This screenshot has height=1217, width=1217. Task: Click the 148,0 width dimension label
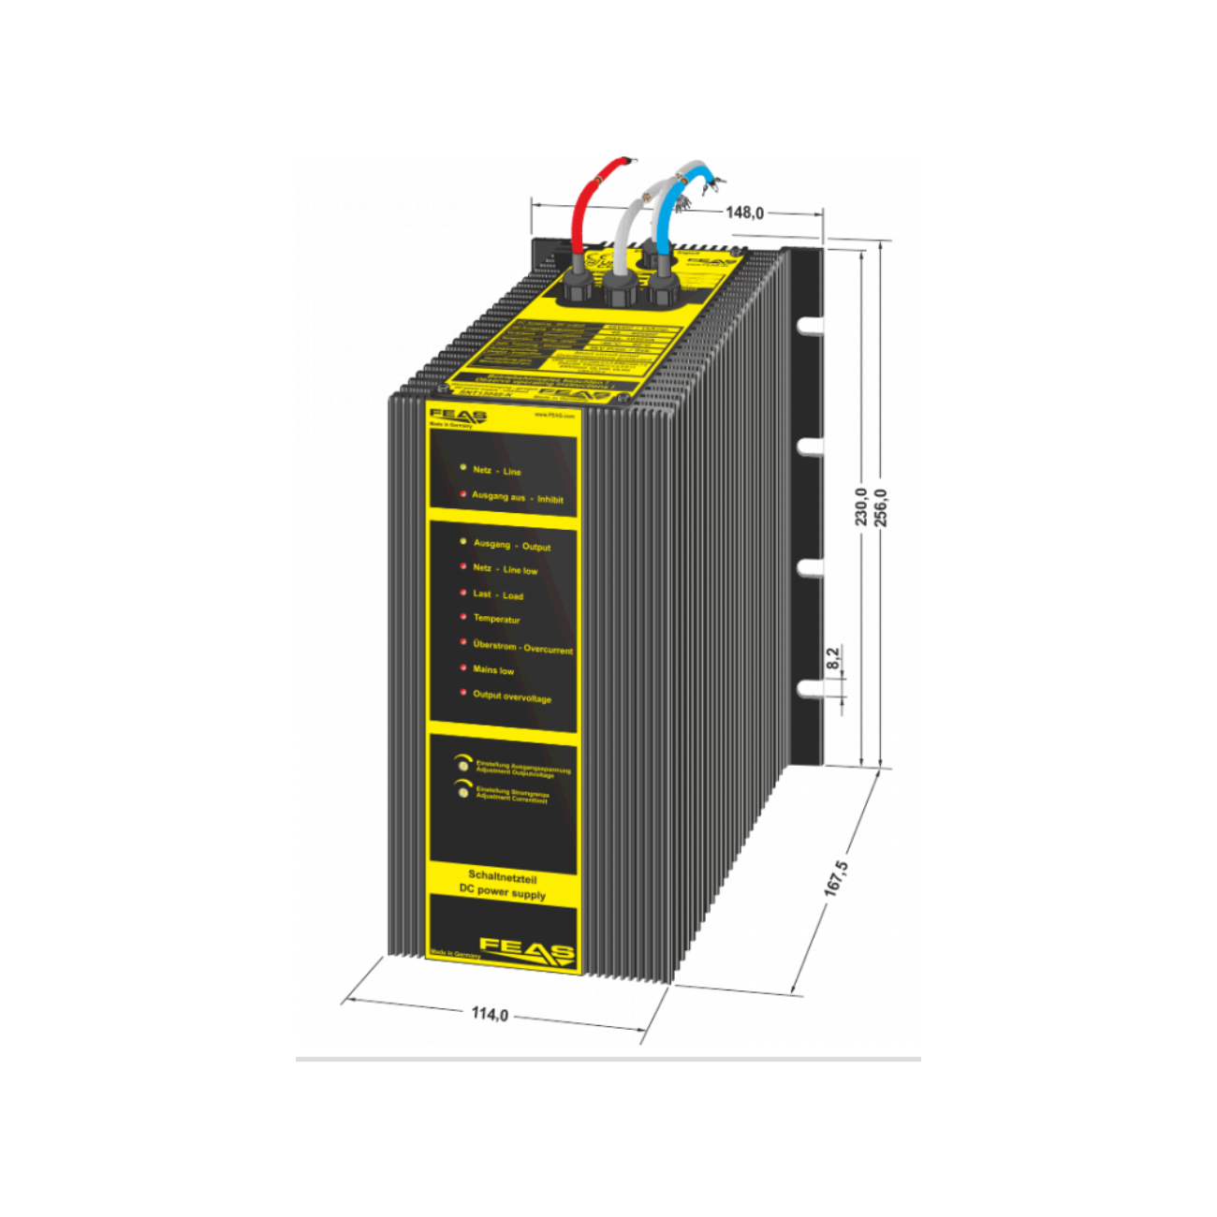pos(745,213)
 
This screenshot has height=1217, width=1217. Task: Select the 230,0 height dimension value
pos(860,506)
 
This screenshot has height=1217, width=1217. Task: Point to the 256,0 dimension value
pos(880,506)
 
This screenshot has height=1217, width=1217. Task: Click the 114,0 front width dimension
pos(490,1014)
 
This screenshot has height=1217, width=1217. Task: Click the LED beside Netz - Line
pos(463,466)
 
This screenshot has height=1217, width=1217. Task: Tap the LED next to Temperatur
pos(463,617)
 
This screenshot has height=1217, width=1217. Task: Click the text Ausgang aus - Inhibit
pos(517,497)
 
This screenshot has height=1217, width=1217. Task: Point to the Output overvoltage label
pos(512,696)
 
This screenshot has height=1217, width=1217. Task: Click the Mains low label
pos(493,670)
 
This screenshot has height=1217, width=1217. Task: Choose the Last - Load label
pos(498,594)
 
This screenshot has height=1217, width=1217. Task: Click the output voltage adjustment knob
pos(462,765)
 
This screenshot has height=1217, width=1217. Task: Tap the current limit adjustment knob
pos(462,792)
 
